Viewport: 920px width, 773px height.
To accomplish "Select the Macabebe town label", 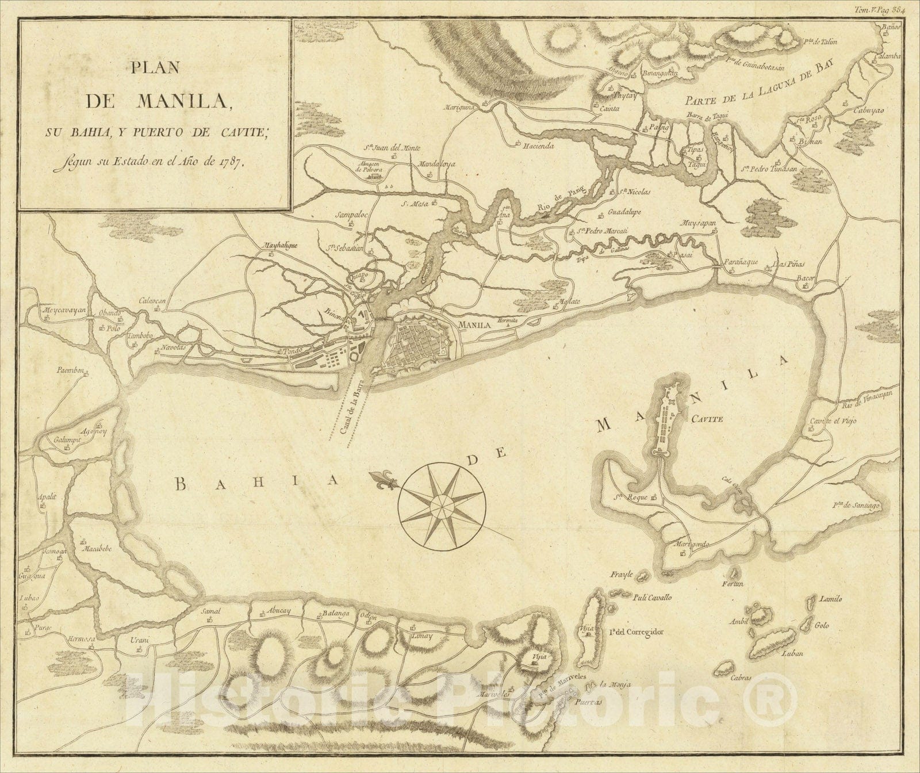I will tap(99, 548).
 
